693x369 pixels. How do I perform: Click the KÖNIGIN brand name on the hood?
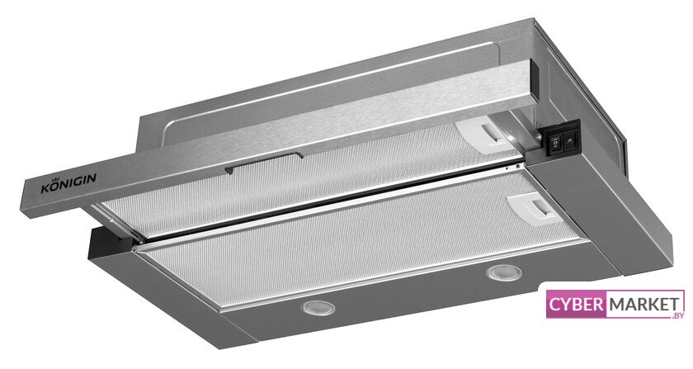point(68,184)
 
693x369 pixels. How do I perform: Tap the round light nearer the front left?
point(318,307)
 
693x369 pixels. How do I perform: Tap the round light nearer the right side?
point(504,272)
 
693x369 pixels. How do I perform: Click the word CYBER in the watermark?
point(576,305)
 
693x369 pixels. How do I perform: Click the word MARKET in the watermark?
point(644,305)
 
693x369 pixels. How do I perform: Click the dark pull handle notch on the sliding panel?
point(264,163)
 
